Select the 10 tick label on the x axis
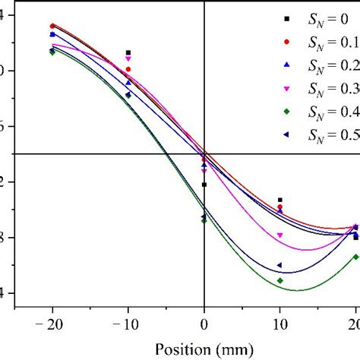click(280, 325)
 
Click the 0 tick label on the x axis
click(204, 325)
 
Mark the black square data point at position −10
click(128, 52)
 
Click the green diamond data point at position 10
click(280, 280)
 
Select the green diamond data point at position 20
click(355, 257)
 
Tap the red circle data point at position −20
click(52, 26)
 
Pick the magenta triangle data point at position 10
click(280, 235)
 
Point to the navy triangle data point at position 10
click(279, 265)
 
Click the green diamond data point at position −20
click(52, 52)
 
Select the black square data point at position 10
click(280, 200)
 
